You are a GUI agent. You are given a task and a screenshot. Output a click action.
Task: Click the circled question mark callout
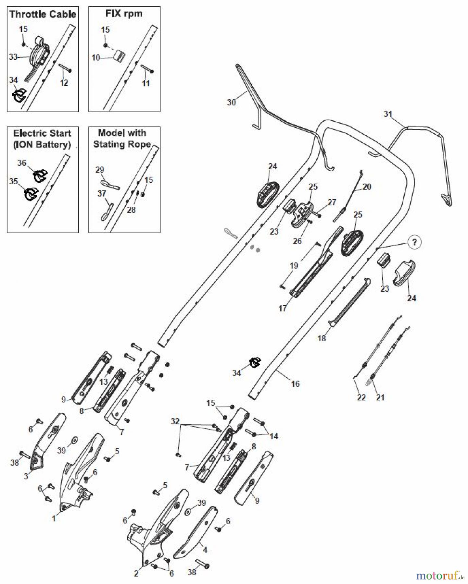[414, 242]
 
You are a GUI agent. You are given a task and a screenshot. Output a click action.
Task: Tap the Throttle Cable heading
[43, 14]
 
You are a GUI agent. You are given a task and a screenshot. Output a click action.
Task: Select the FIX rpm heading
[124, 14]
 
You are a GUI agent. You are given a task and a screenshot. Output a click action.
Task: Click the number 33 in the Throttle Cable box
[13, 57]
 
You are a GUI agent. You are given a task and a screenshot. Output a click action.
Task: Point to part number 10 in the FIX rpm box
[96, 58]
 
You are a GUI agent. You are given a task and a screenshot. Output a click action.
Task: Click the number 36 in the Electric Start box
[22, 163]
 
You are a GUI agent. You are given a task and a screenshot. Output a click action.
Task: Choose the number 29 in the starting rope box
[100, 170]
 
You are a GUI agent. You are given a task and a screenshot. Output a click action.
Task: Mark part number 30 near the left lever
[231, 102]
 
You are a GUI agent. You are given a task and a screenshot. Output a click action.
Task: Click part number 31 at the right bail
[388, 114]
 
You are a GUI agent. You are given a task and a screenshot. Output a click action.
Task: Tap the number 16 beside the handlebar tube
[295, 384]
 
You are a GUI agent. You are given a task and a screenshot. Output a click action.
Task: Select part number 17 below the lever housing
[283, 308]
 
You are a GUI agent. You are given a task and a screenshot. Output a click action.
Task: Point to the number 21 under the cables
[380, 397]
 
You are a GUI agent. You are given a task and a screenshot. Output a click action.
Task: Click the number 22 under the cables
[361, 397]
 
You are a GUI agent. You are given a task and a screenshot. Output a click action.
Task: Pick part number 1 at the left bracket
[54, 518]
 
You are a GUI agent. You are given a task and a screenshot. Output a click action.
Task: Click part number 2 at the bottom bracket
[136, 574]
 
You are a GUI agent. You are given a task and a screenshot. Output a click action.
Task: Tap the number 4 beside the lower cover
[205, 550]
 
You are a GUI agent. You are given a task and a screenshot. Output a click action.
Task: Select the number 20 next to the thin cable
[367, 187]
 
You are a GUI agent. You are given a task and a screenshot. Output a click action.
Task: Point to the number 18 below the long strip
[322, 338]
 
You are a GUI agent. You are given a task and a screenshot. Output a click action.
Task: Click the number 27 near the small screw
[332, 202]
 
